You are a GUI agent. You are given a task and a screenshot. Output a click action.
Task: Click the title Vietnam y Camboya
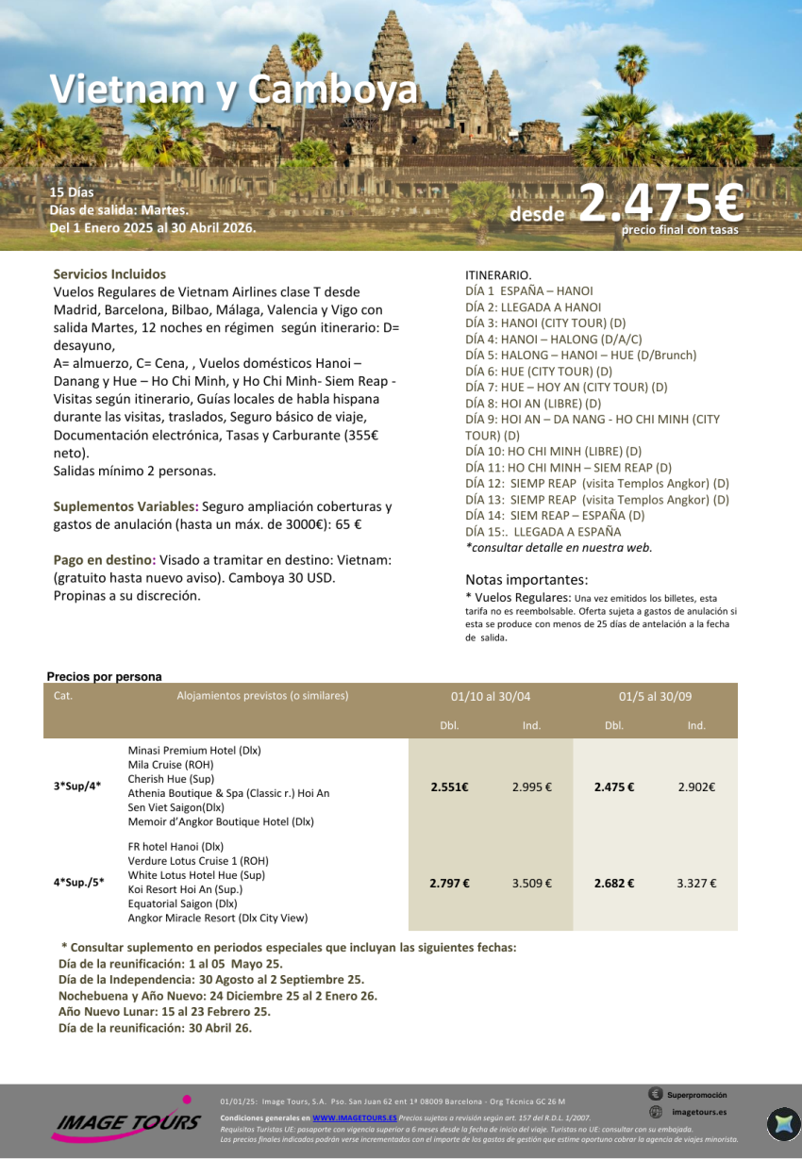tap(234, 91)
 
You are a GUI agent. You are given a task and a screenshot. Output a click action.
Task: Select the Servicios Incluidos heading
tap(109, 274)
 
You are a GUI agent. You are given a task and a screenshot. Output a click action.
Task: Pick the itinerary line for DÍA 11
tap(568, 468)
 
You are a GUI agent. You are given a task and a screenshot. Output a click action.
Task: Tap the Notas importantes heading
tap(526, 580)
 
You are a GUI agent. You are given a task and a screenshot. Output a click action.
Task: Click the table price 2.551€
tap(449, 787)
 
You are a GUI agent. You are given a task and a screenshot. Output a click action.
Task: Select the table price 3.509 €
tap(532, 884)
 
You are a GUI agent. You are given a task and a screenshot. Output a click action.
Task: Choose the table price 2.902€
tap(696, 787)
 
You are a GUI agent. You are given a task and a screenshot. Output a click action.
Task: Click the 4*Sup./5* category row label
tap(78, 884)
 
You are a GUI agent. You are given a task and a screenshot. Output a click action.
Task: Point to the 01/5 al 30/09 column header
tap(655, 697)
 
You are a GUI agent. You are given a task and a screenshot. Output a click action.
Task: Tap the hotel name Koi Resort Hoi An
tap(185, 889)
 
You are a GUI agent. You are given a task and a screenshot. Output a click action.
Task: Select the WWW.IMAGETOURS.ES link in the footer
tap(355, 1118)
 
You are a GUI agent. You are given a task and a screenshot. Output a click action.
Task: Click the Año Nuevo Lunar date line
tap(164, 1012)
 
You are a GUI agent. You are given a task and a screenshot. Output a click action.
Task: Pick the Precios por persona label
tap(104, 677)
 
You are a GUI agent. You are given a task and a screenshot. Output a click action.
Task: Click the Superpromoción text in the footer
tap(696, 1096)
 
